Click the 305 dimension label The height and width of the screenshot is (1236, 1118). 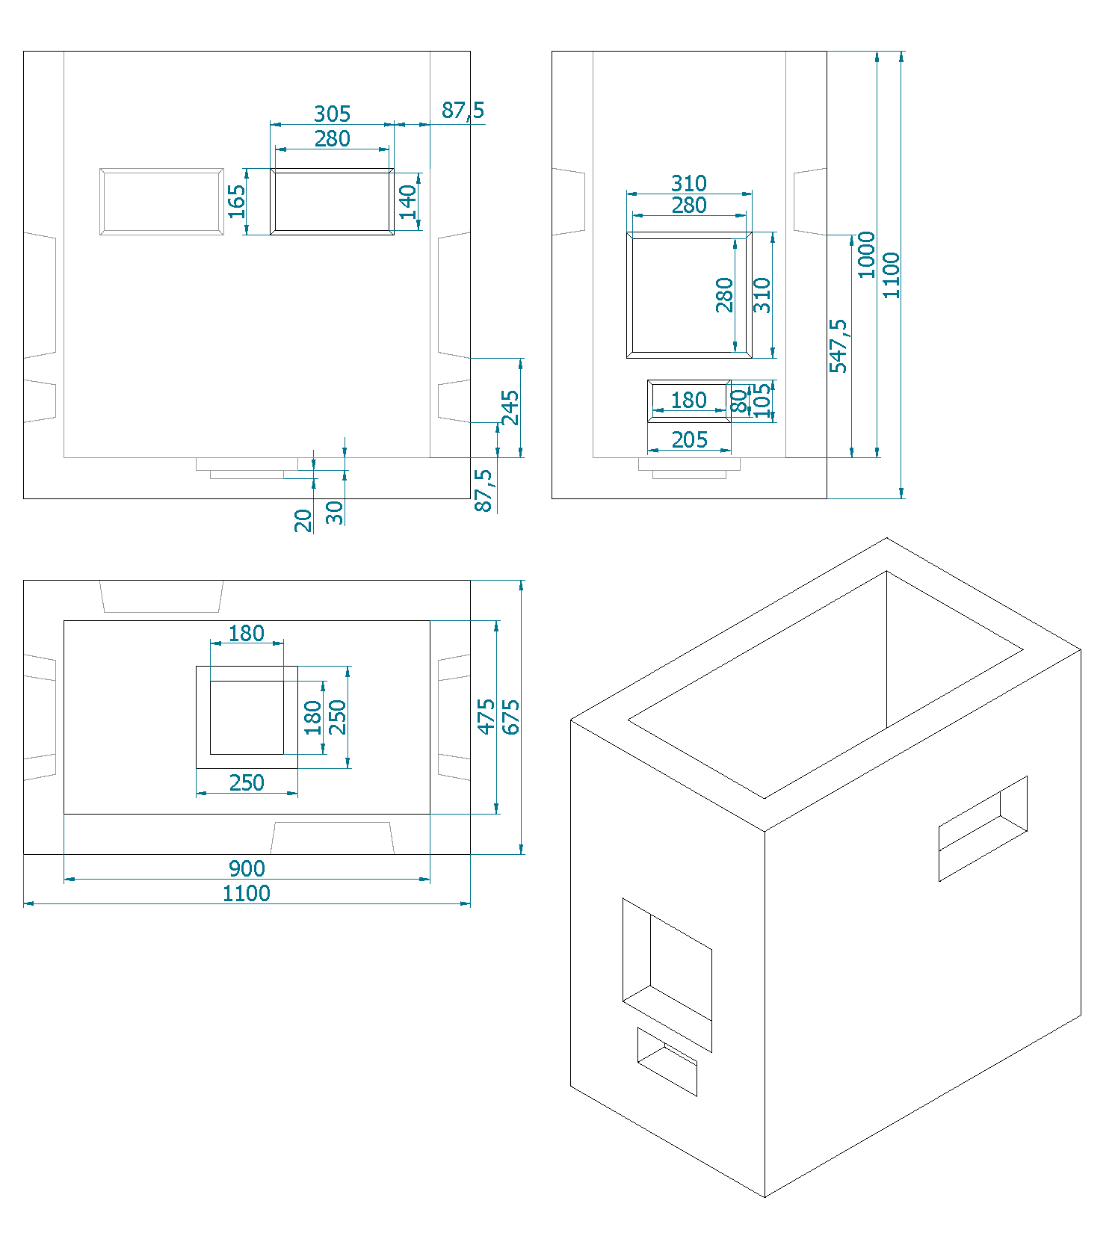332,114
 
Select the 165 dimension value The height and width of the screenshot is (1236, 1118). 236,201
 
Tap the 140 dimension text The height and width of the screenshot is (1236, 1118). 407,201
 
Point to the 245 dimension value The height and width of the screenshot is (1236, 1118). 510,407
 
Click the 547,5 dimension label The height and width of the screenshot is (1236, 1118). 838,345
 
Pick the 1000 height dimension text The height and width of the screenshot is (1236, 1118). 865,255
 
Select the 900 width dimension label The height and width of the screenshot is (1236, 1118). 247,868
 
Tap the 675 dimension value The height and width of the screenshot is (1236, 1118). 510,717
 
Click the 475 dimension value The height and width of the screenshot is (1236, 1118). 487,717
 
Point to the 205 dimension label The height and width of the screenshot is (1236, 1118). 689,439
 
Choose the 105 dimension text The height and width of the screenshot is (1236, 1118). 762,401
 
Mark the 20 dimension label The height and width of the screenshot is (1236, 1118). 303,520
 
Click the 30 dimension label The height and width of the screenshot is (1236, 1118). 335,513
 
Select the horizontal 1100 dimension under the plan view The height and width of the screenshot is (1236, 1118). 247,893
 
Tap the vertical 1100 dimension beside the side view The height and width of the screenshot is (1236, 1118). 891,275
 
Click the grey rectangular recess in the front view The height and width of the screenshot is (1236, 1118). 161,202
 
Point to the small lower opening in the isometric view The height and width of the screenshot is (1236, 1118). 667,1062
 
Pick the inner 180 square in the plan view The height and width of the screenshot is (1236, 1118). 247,717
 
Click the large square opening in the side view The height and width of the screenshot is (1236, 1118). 689,295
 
